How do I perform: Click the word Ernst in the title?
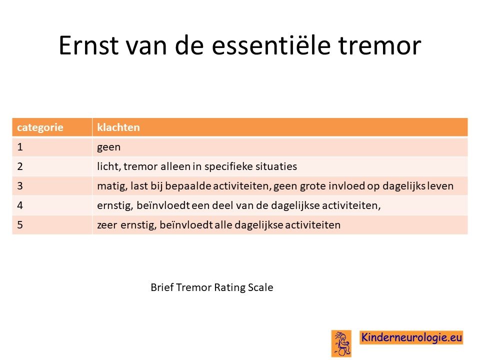[88, 45]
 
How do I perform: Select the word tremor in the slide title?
[380, 45]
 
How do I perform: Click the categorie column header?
[40, 127]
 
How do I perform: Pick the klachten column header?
[118, 127]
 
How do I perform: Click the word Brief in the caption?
[162, 287]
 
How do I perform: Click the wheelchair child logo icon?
[341, 343]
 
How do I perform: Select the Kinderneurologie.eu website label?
[411, 337]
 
